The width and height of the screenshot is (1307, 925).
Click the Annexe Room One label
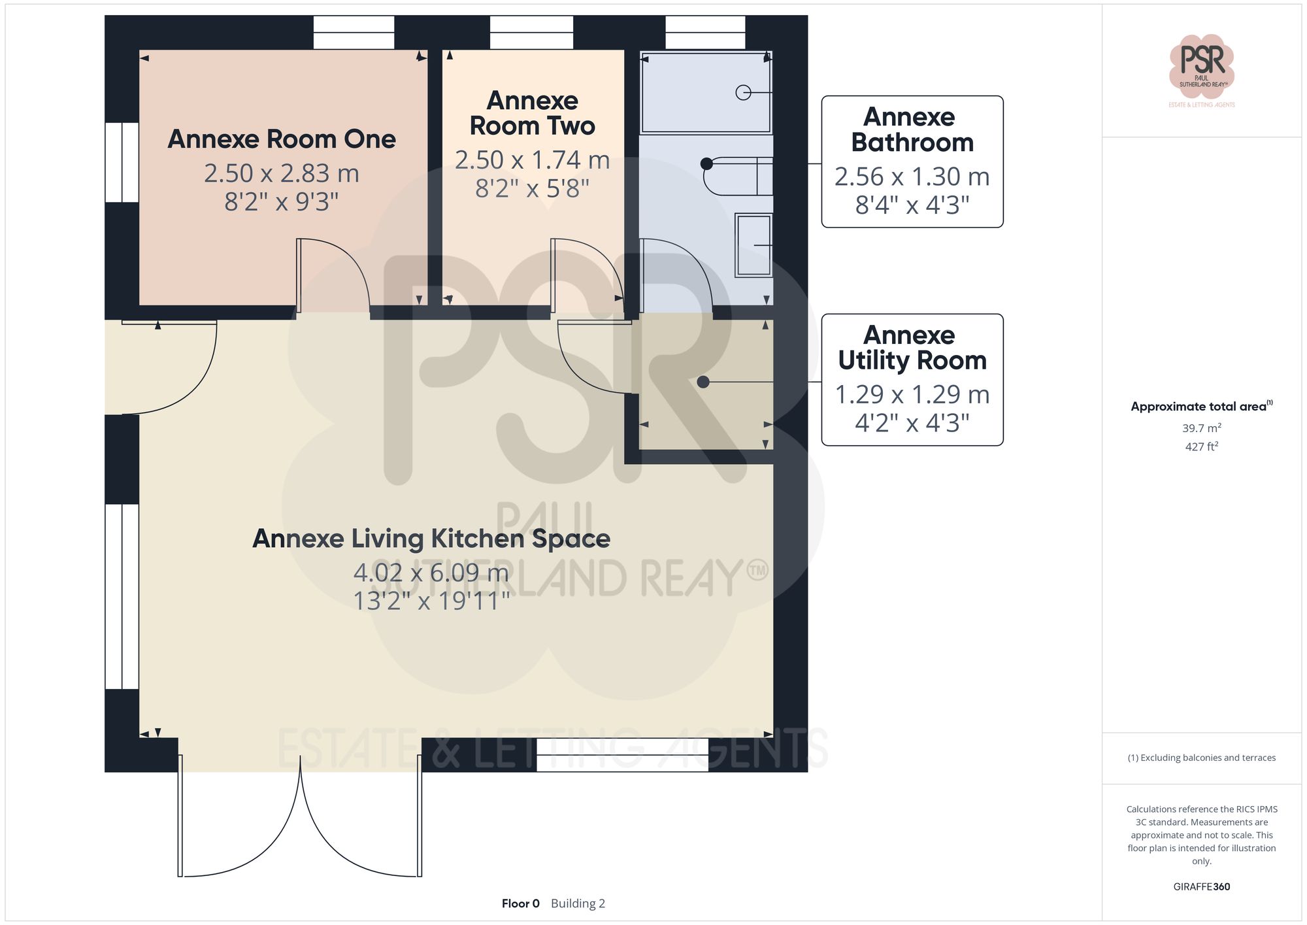coord(282,139)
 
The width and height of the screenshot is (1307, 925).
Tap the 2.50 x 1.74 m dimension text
coord(532,160)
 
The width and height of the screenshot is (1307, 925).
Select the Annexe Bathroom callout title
coord(912,129)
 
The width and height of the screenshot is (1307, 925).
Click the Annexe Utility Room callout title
coord(912,348)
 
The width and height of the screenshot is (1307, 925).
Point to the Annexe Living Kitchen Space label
coord(431,539)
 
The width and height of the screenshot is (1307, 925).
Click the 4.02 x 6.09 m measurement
coord(431,573)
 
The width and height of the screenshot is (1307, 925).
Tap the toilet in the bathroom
coord(737,176)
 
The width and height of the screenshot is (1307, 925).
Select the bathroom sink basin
coord(754,245)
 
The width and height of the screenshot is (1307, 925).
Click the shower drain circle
coord(743,93)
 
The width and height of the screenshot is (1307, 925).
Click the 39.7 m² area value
coord(1201,428)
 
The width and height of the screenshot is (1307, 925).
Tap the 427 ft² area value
coord(1201,446)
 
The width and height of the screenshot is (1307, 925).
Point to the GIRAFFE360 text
coord(1201,886)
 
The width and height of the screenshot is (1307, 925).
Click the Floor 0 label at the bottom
coord(520,903)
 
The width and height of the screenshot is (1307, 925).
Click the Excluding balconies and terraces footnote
coord(1201,758)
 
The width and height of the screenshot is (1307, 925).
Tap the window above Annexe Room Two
coord(531,32)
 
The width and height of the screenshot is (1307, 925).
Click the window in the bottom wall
coord(622,754)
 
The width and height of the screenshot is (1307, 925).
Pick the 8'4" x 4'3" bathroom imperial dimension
coord(912,205)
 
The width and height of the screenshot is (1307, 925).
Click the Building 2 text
coord(578,903)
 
